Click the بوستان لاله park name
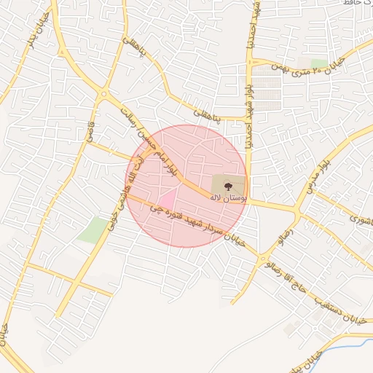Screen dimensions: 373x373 pos(228,198)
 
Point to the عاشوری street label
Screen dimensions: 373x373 pos(361,217)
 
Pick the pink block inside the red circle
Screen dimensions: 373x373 pos(167,197)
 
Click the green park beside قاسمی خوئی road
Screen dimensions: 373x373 pos(93,230)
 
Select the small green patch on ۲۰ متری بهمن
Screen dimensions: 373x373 pos(319,63)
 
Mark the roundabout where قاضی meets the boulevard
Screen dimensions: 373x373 pos(105,95)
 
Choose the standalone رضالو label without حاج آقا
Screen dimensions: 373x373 pos(282,235)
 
